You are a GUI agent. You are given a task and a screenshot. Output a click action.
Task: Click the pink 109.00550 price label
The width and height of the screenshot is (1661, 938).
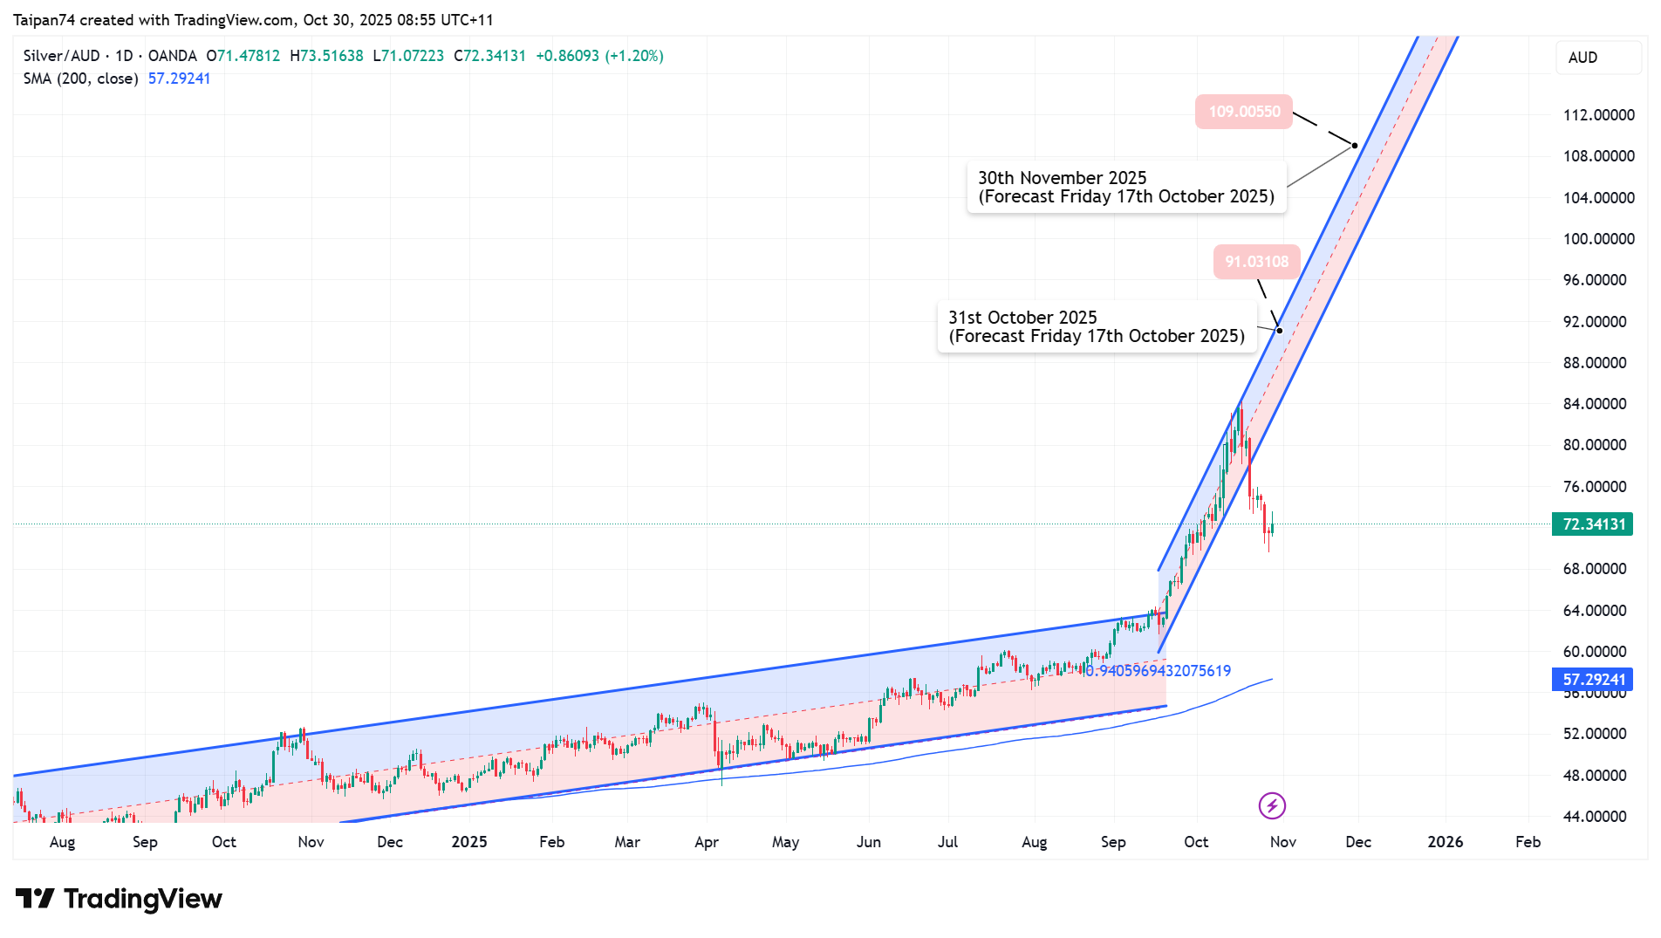(x=1243, y=112)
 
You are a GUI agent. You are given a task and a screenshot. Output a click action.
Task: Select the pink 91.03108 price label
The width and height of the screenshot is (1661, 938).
(x=1256, y=262)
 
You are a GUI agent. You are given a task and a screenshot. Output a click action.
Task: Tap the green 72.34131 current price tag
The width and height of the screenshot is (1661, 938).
(x=1592, y=524)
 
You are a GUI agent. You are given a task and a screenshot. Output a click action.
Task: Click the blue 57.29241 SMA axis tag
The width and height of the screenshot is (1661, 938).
(x=1592, y=679)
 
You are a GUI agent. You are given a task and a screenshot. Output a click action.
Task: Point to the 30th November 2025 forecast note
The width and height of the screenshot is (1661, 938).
(x=1125, y=187)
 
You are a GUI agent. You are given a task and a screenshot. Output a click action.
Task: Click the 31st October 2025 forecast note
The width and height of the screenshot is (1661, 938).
(x=1097, y=326)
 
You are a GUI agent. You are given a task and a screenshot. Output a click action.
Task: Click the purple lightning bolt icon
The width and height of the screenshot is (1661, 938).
(x=1272, y=805)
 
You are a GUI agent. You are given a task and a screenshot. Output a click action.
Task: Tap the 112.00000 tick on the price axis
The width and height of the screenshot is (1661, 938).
(x=1598, y=115)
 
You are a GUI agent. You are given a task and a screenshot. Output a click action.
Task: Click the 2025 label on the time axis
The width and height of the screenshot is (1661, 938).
(x=469, y=842)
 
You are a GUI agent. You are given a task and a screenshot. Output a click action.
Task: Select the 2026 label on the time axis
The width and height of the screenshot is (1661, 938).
(x=1445, y=842)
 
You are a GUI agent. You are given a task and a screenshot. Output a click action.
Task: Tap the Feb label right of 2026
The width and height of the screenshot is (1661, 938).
(x=1528, y=842)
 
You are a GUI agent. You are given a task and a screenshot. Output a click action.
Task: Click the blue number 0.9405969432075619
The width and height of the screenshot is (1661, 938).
(x=1158, y=671)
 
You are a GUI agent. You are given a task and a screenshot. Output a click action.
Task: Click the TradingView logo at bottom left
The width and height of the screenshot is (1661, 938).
(x=120, y=899)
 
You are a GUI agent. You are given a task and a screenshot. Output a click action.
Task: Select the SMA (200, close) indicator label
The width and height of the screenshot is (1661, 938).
(x=80, y=79)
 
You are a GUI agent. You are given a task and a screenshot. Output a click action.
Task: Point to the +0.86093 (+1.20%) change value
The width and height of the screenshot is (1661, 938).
(x=599, y=56)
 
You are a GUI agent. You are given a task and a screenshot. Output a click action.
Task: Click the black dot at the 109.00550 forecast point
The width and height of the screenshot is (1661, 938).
(x=1355, y=145)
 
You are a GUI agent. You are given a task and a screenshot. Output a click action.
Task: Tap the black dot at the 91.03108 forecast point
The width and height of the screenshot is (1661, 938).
(x=1280, y=330)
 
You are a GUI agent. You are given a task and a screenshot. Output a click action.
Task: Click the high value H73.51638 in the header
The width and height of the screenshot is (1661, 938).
(x=326, y=56)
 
